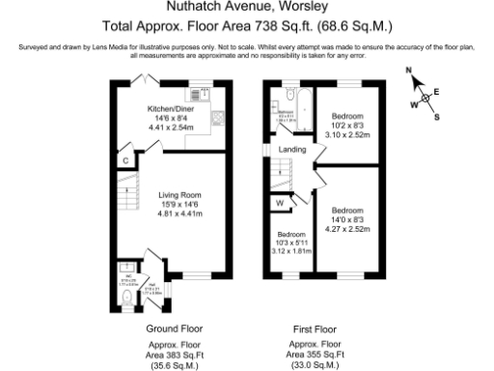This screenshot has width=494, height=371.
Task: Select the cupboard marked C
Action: click(x=125, y=159)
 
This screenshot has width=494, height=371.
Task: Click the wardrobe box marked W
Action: click(x=280, y=203)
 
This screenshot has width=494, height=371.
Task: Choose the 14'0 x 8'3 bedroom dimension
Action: click(x=348, y=219)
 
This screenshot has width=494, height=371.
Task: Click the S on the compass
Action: click(x=436, y=117)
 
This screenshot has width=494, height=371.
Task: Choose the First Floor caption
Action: click(x=316, y=328)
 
